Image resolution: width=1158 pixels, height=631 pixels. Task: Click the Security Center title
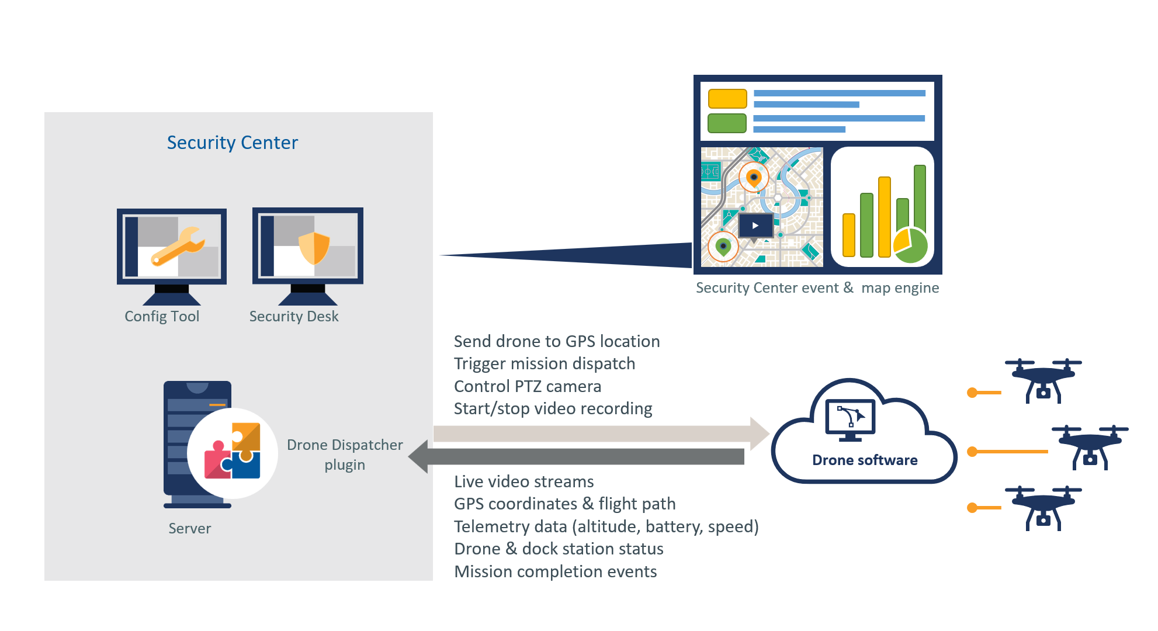233,143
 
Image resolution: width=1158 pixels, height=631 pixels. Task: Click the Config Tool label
162,316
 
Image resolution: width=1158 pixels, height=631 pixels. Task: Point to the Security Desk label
294,316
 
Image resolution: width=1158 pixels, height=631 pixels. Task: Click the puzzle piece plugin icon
233,452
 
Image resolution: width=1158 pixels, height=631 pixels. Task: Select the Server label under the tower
189,528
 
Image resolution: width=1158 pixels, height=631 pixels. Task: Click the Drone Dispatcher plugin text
345,455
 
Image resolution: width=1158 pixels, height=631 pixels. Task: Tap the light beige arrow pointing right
596,434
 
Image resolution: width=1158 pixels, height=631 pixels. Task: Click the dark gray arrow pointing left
578,457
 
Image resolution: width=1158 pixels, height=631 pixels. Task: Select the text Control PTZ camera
527,386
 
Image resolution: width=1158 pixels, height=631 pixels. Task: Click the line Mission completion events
555,571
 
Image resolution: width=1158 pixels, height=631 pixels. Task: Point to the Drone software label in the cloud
865,460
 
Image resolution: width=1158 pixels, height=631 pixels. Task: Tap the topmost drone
1043,380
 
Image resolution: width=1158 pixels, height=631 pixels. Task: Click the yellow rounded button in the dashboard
727,99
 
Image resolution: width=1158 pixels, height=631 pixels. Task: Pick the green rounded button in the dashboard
727,123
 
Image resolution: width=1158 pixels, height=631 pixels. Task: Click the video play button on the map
755,226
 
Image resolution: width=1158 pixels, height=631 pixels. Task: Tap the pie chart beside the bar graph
910,245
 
